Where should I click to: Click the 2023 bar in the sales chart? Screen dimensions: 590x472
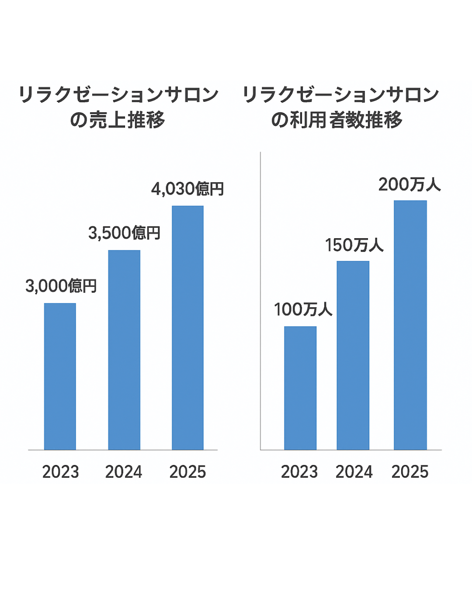[x=60, y=376]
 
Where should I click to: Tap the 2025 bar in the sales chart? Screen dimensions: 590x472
[x=187, y=327]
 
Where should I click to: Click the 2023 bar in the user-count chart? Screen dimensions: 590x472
[x=300, y=388]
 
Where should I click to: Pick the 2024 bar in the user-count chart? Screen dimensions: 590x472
[x=353, y=355]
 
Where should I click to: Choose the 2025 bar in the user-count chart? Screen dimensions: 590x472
[x=410, y=325]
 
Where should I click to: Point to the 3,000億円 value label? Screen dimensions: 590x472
[x=61, y=286]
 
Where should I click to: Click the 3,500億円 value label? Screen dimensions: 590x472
[x=124, y=233]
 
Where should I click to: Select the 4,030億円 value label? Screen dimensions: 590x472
[x=187, y=189]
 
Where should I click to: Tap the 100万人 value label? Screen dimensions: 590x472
[x=303, y=309]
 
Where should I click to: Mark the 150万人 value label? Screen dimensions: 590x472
[x=354, y=245]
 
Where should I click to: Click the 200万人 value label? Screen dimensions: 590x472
[x=410, y=184]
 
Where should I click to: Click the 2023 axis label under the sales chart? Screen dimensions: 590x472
[x=60, y=472]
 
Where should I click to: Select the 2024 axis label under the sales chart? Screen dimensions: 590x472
[x=124, y=472]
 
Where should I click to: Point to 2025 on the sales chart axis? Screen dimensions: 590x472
[x=187, y=472]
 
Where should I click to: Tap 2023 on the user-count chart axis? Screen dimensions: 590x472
[x=299, y=472]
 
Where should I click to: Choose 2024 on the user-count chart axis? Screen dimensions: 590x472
[x=354, y=472]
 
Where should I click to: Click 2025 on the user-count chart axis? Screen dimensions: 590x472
[x=410, y=472]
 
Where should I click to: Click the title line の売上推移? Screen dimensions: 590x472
[x=118, y=120]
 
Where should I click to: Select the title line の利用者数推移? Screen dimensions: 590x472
[x=337, y=120]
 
